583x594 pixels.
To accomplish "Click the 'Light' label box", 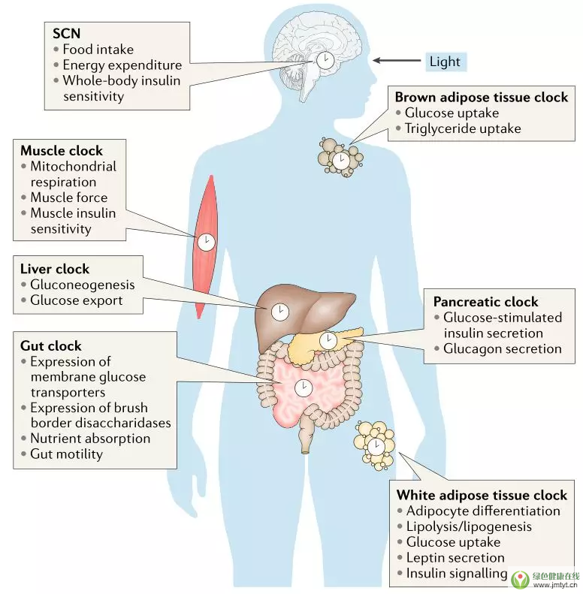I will point(445,61).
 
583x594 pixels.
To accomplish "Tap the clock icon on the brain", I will point(325,60).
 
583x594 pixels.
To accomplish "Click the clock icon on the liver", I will point(280,310).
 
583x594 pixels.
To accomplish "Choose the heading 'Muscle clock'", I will point(62,150).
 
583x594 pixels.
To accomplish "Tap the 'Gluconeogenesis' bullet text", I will point(83,285).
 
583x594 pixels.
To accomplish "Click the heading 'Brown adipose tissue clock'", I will point(481,97).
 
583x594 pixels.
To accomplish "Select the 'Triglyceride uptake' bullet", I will point(463,128).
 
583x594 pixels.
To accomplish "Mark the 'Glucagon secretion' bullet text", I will point(503,348).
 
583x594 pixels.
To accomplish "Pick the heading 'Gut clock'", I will point(52,346).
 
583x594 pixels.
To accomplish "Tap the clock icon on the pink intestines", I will point(304,387).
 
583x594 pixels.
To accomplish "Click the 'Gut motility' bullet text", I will point(66,454).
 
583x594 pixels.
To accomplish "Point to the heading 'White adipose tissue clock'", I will point(482,495).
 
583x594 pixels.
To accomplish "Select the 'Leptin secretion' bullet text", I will point(455,557).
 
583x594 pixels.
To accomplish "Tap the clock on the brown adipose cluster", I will point(340,160).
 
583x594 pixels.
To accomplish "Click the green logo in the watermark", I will point(520,579).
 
